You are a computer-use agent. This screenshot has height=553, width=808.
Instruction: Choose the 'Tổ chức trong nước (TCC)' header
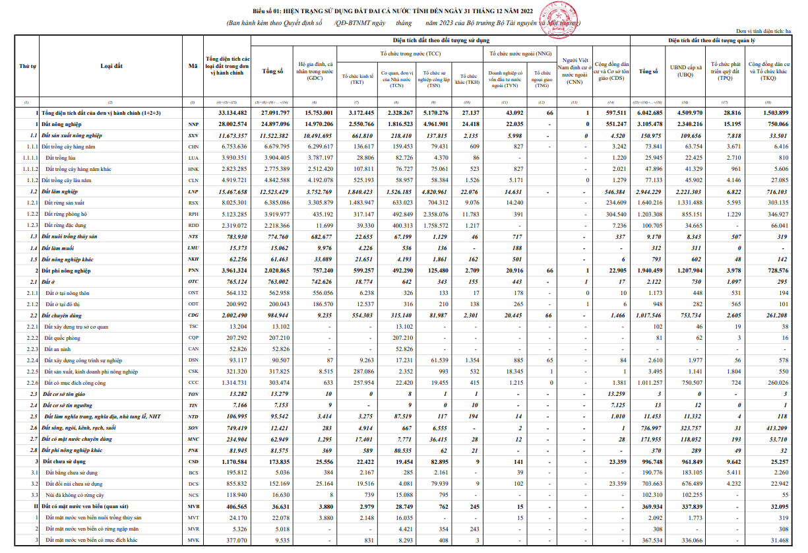click(410, 52)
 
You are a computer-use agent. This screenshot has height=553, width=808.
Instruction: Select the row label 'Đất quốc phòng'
click(66, 337)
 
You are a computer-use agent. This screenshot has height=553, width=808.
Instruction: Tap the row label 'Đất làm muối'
click(60, 247)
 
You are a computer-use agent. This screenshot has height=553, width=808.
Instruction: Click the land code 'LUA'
click(193, 158)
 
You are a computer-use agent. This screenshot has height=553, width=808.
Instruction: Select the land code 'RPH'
click(193, 214)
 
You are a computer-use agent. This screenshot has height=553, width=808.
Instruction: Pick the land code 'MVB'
click(193, 505)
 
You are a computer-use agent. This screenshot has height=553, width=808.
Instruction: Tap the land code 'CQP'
click(193, 337)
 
